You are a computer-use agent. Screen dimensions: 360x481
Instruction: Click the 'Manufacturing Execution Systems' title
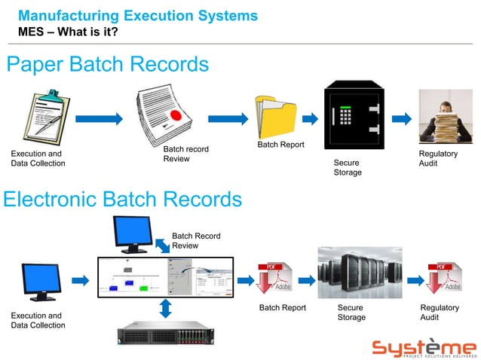[137, 15]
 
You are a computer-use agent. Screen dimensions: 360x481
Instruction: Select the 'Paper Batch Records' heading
[107, 65]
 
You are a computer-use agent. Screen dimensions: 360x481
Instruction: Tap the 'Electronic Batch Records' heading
[122, 199]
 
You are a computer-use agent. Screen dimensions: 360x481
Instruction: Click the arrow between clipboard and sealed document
[99, 118]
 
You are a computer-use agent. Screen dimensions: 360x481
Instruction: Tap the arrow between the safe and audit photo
[401, 118]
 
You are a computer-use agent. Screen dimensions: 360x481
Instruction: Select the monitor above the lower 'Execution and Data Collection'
[41, 281]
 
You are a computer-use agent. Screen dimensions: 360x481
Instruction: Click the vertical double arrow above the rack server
[167, 307]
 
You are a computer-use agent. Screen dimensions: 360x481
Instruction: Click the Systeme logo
[424, 348]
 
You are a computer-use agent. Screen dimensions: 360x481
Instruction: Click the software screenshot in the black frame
[165, 278]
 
